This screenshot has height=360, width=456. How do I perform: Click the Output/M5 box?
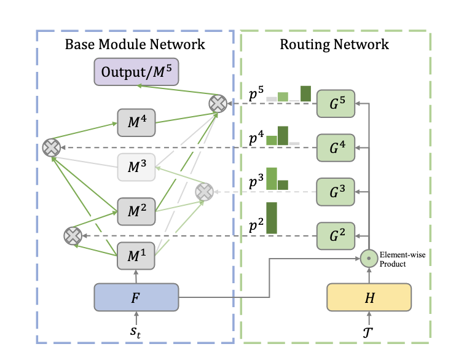pyautogui.click(x=136, y=72)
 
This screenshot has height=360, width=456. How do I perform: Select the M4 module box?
pyautogui.click(x=135, y=122)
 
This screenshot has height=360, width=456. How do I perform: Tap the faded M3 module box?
pyautogui.click(x=135, y=166)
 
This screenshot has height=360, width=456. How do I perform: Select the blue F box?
pyautogui.click(x=136, y=298)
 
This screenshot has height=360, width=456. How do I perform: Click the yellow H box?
pyautogui.click(x=368, y=298)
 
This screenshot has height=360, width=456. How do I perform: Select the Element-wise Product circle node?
pyautogui.click(x=368, y=259)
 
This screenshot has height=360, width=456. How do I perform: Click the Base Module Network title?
pyautogui.click(x=135, y=44)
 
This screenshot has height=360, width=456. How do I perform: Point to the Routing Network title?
pyautogui.click(x=334, y=44)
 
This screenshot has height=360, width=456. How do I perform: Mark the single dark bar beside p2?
pyautogui.click(x=272, y=218)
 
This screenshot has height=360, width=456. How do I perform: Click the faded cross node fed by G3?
pyautogui.click(x=203, y=192)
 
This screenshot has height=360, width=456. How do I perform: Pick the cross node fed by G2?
pyautogui.click(x=73, y=236)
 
